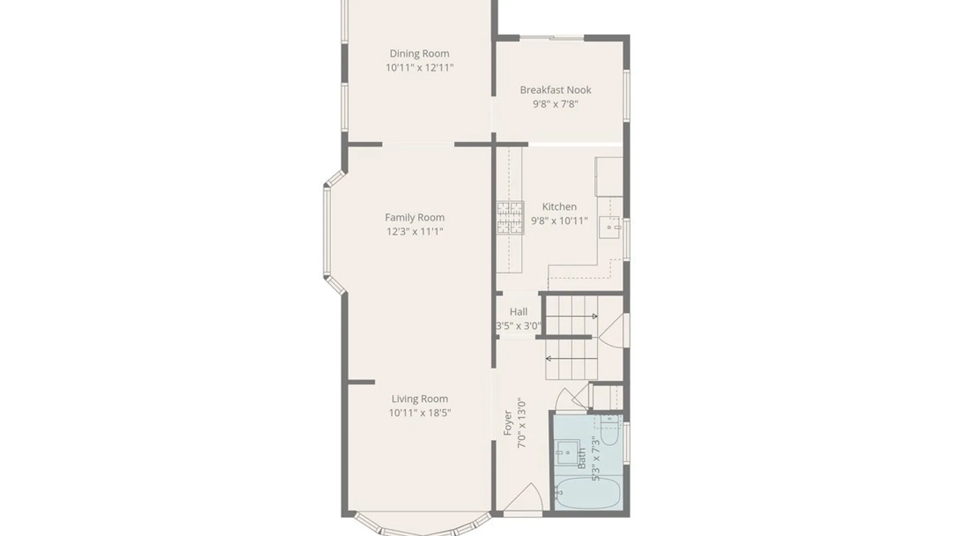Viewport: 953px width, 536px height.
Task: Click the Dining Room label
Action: (419, 54)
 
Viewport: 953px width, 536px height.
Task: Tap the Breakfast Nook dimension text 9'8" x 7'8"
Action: (555, 104)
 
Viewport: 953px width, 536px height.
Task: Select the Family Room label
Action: (415, 217)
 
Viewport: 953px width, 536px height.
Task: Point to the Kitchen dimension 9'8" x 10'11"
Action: (559, 220)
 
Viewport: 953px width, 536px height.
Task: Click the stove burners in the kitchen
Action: (510, 217)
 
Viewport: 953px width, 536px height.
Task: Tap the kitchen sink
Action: (610, 227)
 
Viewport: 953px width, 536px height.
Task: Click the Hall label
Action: (519, 312)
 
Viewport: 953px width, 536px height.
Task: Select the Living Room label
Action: (420, 399)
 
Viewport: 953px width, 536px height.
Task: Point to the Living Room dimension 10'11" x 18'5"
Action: (420, 412)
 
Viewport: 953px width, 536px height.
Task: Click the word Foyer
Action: (508, 423)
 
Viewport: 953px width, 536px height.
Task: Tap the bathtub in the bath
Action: (588, 493)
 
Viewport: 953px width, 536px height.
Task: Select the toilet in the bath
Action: (609, 430)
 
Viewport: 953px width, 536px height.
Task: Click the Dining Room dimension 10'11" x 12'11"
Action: (419, 67)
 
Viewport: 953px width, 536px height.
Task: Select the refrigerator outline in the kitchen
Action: (609, 177)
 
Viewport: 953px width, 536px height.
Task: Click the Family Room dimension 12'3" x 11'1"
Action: (415, 231)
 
